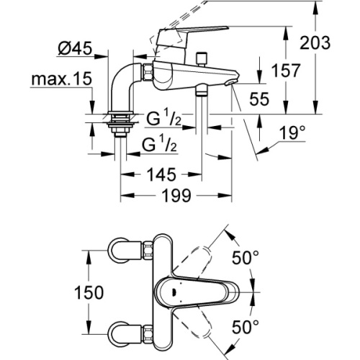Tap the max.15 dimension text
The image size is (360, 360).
pos(60,78)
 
